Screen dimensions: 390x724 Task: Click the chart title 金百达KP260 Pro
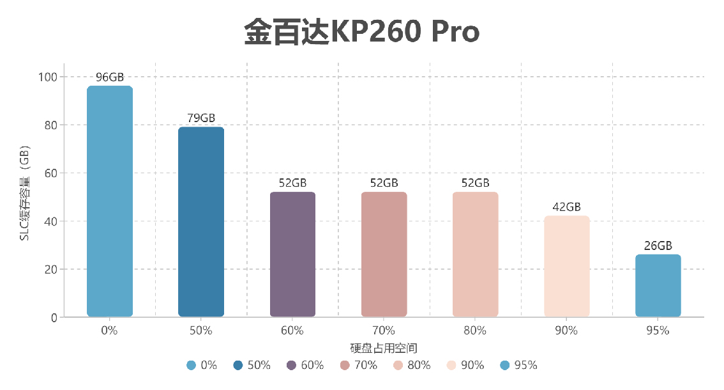click(x=361, y=32)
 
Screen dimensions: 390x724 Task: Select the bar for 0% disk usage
click(x=110, y=201)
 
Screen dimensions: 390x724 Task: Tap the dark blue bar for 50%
click(x=201, y=222)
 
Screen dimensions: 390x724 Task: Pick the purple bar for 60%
click(x=292, y=254)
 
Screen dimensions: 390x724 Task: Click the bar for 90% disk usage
click(x=566, y=267)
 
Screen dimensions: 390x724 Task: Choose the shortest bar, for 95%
click(x=658, y=286)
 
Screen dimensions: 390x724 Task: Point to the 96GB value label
click(x=110, y=77)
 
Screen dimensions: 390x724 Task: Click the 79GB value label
click(x=201, y=118)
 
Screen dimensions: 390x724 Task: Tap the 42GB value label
click(x=566, y=207)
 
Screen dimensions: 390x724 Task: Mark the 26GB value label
click(x=658, y=246)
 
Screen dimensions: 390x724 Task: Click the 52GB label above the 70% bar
click(x=384, y=183)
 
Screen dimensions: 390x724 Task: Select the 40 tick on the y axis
click(x=51, y=221)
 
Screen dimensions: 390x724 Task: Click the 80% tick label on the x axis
click(x=475, y=331)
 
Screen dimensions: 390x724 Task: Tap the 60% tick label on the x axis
click(x=292, y=331)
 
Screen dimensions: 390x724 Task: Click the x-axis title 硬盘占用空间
click(x=384, y=348)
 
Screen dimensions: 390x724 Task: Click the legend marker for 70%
click(x=345, y=366)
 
